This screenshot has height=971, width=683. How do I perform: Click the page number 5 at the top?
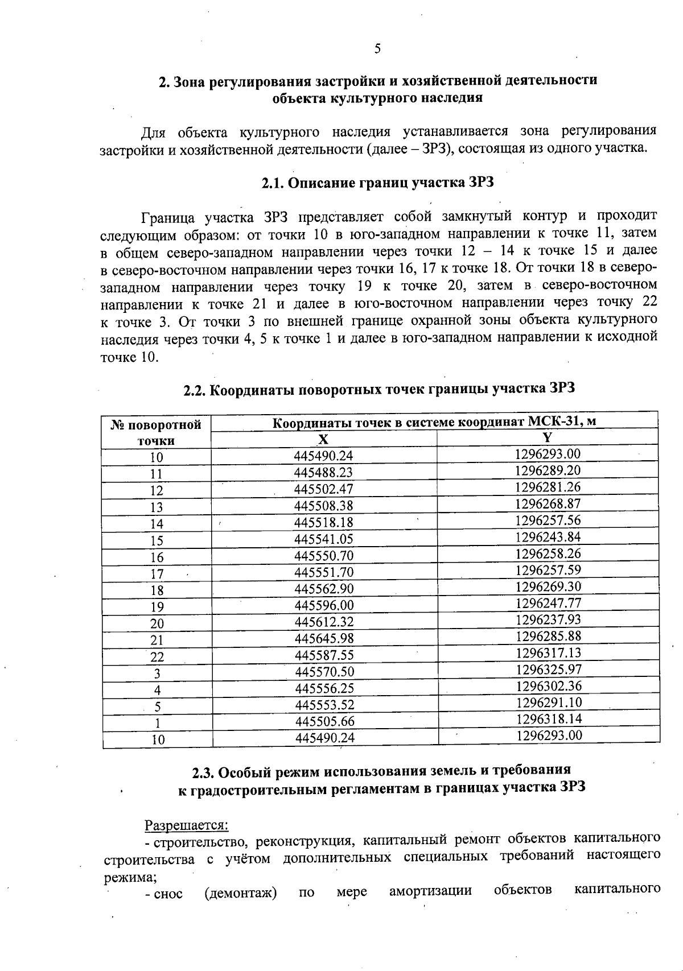tap(377, 49)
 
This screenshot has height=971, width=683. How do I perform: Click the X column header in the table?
tap(323, 439)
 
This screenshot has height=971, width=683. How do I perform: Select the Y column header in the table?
tap(548, 437)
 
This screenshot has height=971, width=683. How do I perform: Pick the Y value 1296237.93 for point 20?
tap(548, 619)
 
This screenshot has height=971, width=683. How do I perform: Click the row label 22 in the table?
tap(157, 657)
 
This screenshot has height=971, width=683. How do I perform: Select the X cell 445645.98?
tap(324, 639)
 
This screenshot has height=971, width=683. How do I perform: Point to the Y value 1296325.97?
tap(549, 670)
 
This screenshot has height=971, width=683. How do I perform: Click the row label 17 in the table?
tap(157, 573)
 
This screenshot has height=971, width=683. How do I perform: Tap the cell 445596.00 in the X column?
tap(324, 606)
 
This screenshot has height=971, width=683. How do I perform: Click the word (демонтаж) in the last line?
tap(241, 893)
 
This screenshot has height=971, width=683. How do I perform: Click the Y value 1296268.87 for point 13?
tap(548, 504)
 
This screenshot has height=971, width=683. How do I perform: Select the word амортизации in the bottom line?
tap(430, 891)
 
